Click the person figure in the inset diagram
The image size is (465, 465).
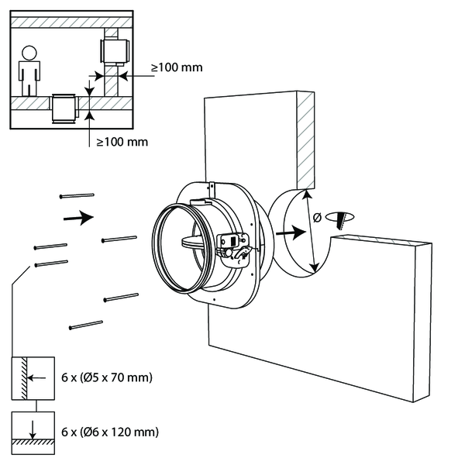pyautogui.click(x=29, y=72)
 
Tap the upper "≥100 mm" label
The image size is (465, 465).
pyautogui.click(x=177, y=67)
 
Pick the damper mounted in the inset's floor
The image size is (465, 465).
pyautogui.click(x=64, y=108)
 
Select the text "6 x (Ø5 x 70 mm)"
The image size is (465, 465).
pyautogui.click(x=105, y=378)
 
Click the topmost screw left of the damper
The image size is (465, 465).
pyautogui.click(x=76, y=196)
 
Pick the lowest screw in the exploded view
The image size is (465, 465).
pyautogui.click(x=86, y=325)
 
